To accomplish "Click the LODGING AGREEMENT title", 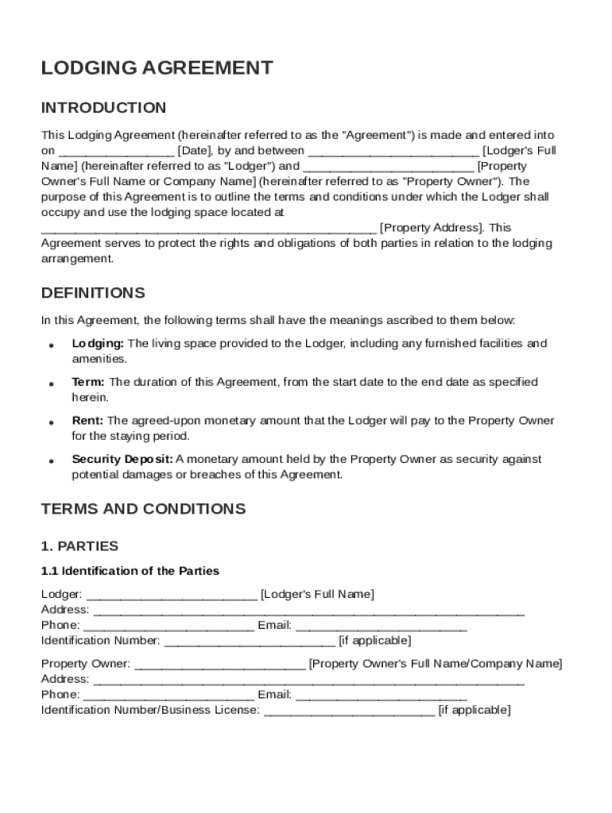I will (157, 68).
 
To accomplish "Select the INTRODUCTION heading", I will (103, 108).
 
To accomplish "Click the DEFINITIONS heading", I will (93, 293).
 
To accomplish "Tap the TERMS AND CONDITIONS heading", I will (143, 509).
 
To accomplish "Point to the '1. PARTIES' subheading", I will (79, 546).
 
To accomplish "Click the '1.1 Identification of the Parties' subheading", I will (130, 571).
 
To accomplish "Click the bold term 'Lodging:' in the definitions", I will (98, 344).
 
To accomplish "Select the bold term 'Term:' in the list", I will (88, 382).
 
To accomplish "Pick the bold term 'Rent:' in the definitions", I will (87, 421).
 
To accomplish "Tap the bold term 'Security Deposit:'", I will (122, 459).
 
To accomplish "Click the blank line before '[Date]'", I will (116, 151).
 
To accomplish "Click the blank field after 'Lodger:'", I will (171, 595).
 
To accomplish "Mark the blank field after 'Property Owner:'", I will (219, 664).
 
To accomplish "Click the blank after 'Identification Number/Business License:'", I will (349, 711).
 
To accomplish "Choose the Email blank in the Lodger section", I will (381, 626).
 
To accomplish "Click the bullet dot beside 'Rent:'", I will (51, 422).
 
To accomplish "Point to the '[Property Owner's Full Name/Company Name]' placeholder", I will (435, 664).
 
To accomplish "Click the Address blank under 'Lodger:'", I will (308, 611).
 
